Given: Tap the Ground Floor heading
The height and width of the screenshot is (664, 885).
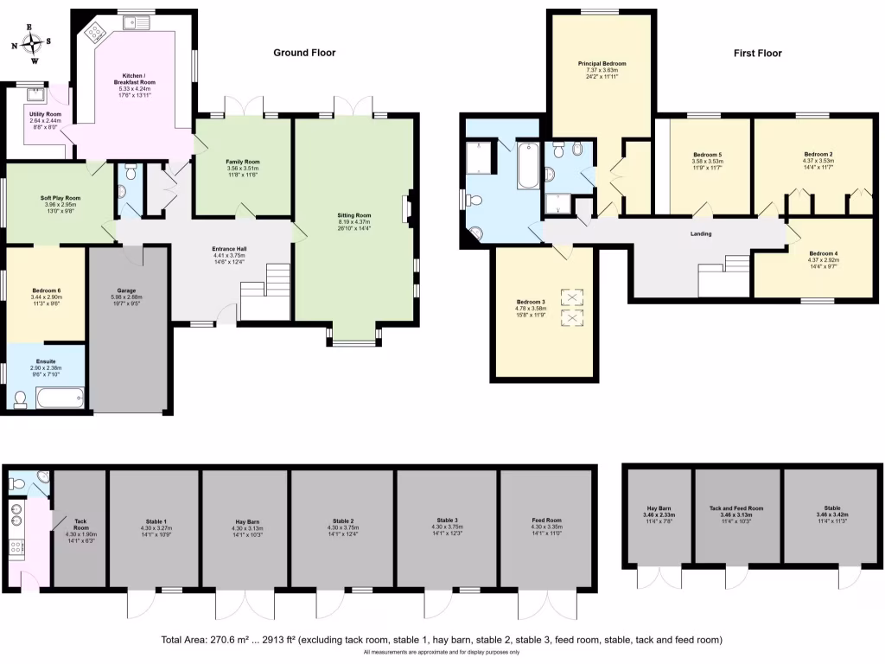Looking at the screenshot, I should click(x=304, y=53).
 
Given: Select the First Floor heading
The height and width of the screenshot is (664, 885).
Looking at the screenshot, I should click(x=757, y=53).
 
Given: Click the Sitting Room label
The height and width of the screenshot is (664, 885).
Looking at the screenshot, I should click(x=353, y=214).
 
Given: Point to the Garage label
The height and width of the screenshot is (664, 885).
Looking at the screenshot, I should click(x=126, y=290).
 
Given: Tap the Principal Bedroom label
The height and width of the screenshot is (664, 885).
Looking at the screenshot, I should click(x=602, y=64).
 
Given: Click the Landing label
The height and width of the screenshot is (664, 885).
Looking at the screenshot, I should click(x=701, y=233).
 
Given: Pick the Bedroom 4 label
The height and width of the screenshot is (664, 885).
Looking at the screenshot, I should click(x=822, y=253).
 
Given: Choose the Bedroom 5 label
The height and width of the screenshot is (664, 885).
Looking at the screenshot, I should click(x=707, y=155).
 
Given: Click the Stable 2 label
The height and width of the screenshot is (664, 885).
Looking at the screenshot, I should click(x=342, y=521).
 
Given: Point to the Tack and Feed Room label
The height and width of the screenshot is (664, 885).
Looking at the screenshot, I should click(x=736, y=508).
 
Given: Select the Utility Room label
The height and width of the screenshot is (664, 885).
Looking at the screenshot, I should click(x=45, y=114).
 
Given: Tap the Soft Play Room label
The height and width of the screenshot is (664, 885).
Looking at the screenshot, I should click(x=60, y=198).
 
